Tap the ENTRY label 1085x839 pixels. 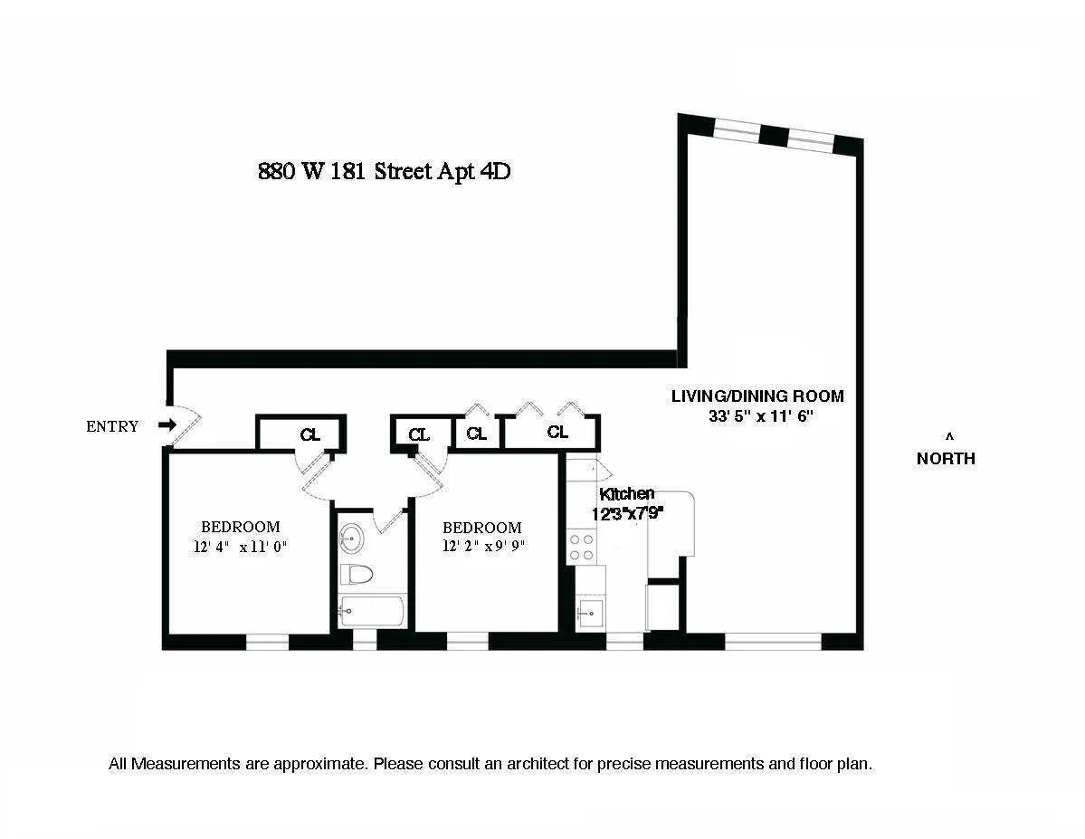112,426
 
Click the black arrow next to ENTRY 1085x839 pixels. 167,425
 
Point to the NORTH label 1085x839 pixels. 946,458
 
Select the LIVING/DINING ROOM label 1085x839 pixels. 757,396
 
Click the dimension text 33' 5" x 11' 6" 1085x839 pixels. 763,416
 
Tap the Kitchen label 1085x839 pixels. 626,493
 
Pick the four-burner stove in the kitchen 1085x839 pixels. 582,546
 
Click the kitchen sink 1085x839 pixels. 591,615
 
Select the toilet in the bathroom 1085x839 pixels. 357,574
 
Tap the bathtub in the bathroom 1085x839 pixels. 372,612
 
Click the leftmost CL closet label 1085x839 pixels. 310,435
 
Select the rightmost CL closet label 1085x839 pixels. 557,433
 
